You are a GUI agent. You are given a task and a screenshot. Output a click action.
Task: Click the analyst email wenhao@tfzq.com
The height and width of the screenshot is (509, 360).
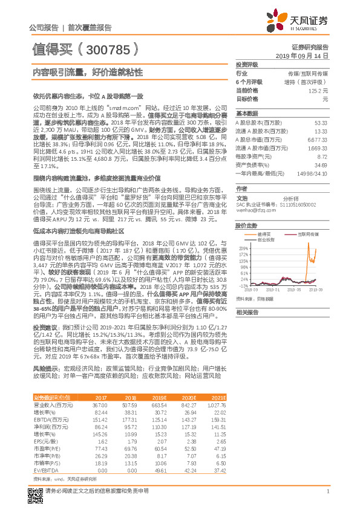click(x=252, y=211)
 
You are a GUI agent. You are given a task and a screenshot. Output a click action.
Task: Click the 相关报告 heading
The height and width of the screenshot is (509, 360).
click(x=246, y=312)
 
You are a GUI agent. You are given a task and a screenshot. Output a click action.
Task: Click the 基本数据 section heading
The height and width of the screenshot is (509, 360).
click(x=246, y=113)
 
